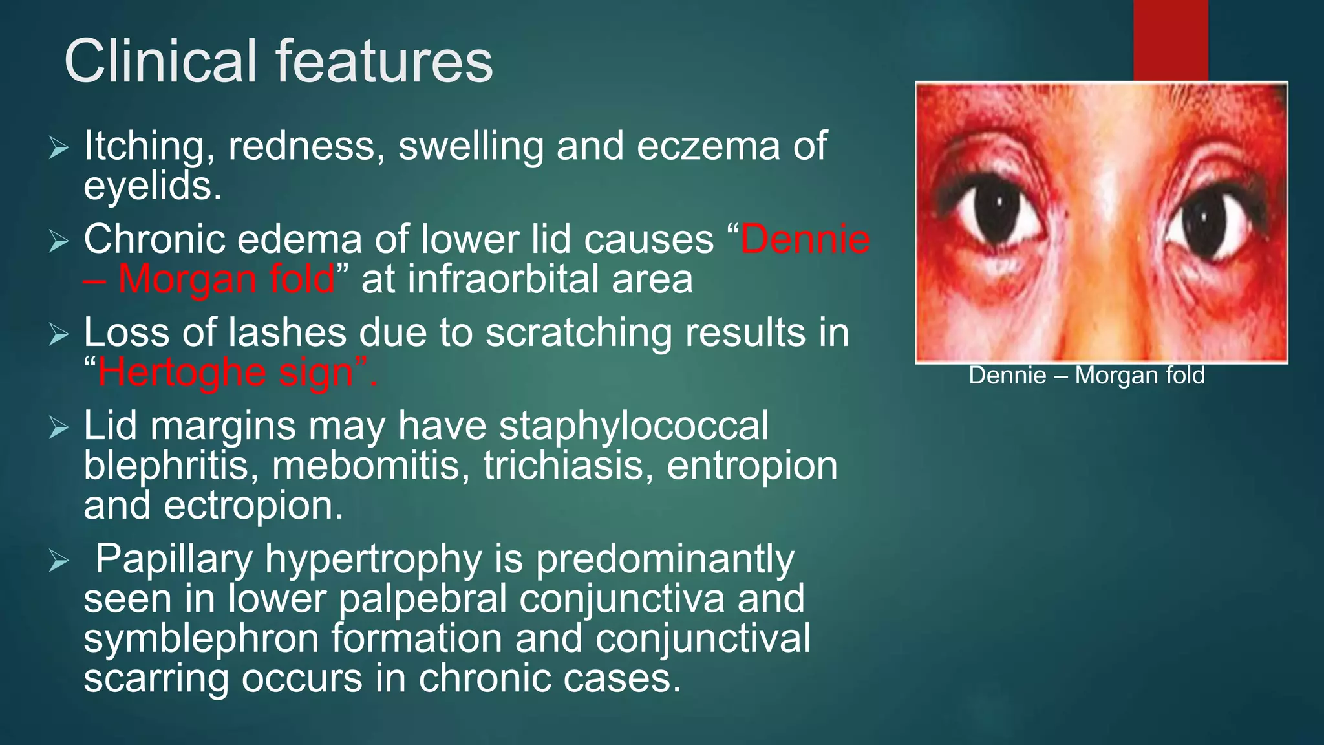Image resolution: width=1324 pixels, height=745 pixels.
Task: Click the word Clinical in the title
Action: pos(161,61)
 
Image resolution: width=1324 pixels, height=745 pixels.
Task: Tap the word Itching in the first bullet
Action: pos(149,146)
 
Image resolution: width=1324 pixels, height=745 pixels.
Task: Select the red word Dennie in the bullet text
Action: pos(805,239)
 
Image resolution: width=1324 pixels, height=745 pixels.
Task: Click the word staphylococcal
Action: pos(634,426)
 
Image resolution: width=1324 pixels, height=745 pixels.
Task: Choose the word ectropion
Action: pos(253,506)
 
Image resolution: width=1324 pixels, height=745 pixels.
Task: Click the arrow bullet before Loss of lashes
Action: pos(58,334)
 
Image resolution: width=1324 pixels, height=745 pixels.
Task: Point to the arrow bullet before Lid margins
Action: pos(58,427)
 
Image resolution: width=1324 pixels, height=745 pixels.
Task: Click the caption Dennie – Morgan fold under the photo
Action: pos(1087,376)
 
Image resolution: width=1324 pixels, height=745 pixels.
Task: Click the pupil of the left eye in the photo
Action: pos(998,212)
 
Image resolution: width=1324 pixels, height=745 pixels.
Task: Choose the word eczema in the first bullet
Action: pos(709,146)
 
